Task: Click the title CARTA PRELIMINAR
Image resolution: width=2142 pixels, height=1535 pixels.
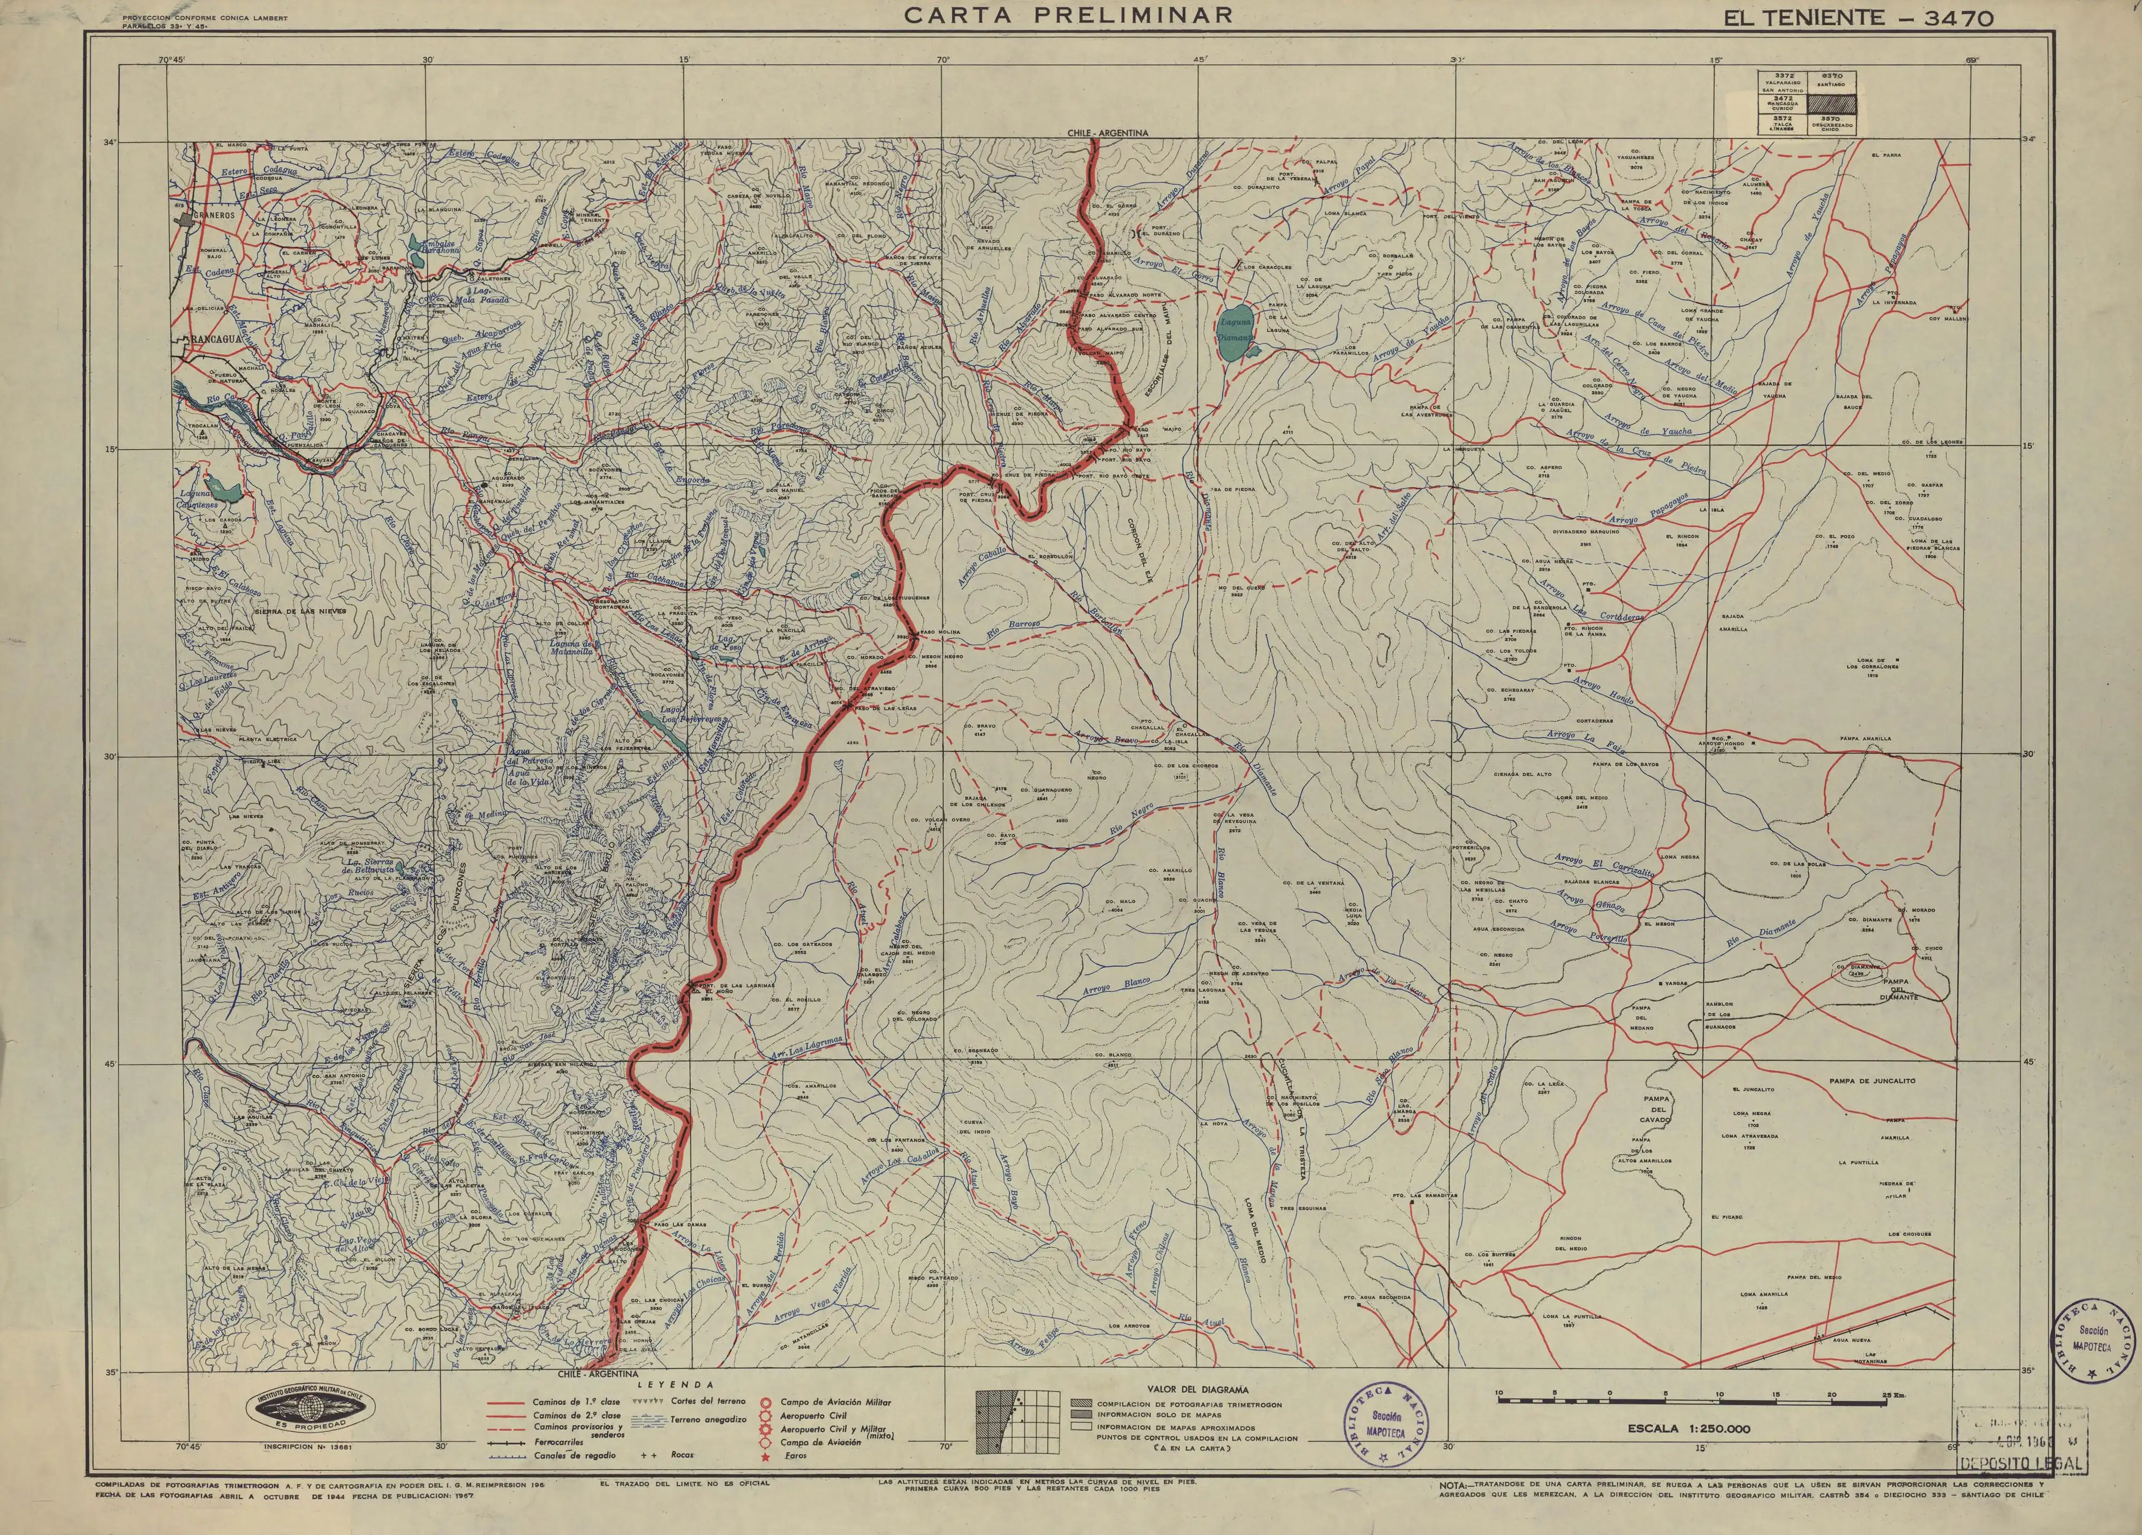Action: pyautogui.click(x=1069, y=15)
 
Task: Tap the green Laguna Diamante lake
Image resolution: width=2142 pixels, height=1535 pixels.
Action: pyautogui.click(x=1234, y=333)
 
